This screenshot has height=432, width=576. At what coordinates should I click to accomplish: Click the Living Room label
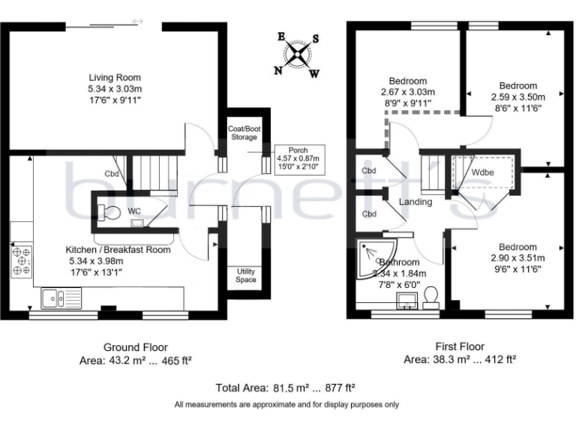click(x=115, y=78)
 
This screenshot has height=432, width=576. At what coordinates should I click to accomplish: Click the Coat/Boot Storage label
click(x=245, y=133)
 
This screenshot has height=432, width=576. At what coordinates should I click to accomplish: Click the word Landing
click(x=415, y=202)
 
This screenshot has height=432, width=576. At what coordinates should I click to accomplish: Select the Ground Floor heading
click(x=135, y=347)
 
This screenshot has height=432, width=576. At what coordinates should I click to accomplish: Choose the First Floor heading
click(x=460, y=347)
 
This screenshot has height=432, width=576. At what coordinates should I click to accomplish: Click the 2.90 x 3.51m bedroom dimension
click(x=517, y=258)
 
